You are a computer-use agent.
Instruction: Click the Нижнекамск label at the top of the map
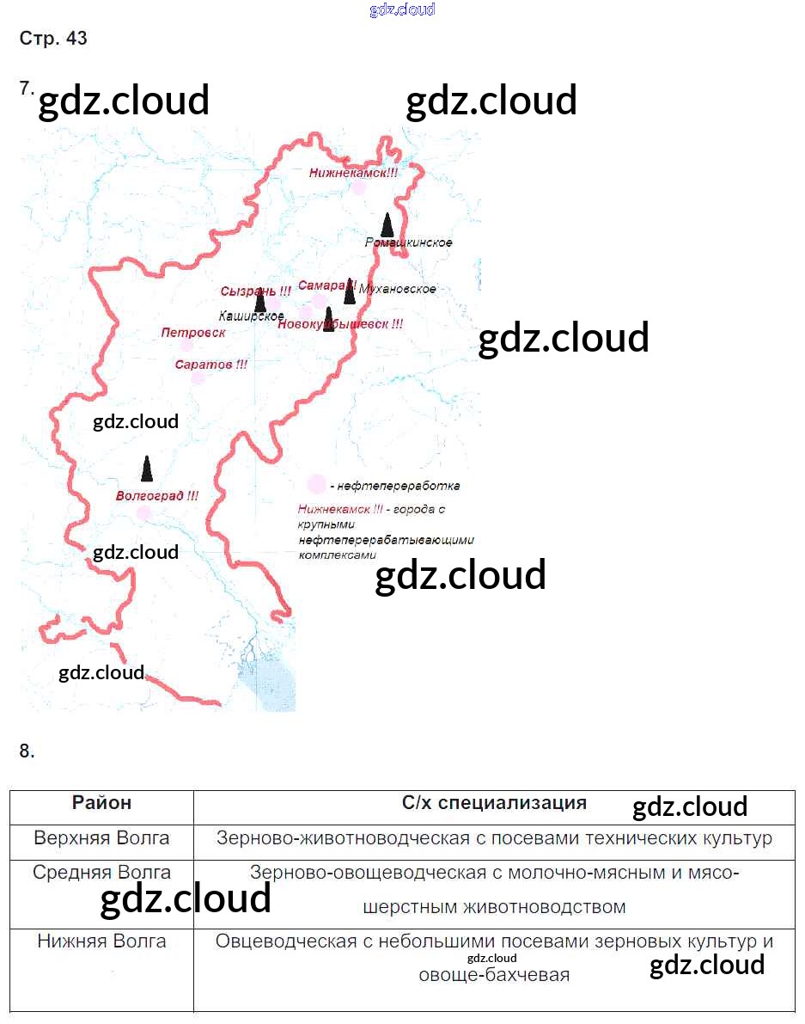pyautogui.click(x=353, y=173)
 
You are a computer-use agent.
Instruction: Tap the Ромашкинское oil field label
pyautogui.click(x=408, y=242)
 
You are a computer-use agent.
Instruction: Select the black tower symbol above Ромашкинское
pyautogui.click(x=387, y=224)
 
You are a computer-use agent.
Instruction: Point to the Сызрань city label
pyautogui.click(x=255, y=291)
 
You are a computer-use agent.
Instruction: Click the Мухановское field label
pyautogui.click(x=399, y=289)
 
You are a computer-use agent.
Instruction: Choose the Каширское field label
pyautogui.click(x=251, y=316)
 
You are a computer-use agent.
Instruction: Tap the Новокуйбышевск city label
pyautogui.click(x=340, y=325)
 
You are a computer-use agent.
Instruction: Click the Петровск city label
pyautogui.click(x=193, y=332)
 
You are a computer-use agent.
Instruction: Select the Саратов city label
pyautogui.click(x=210, y=365)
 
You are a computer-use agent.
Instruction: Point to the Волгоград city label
pyautogui.click(x=157, y=496)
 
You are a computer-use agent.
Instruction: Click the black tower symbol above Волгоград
pyautogui.click(x=148, y=469)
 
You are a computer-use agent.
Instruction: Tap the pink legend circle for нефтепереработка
pyautogui.click(x=317, y=485)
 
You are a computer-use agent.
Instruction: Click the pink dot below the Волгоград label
pyautogui.click(x=143, y=513)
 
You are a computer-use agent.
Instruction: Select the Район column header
pyautogui.click(x=101, y=803)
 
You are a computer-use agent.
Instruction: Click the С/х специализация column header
pyautogui.click(x=494, y=803)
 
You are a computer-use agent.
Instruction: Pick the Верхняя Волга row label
pyautogui.click(x=101, y=837)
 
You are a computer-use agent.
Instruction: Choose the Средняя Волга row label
pyautogui.click(x=101, y=873)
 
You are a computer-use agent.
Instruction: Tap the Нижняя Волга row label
pyautogui.click(x=101, y=941)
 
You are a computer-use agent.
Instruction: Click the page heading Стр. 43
pyautogui.click(x=53, y=39)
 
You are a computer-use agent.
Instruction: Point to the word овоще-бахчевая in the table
pyautogui.click(x=494, y=976)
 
